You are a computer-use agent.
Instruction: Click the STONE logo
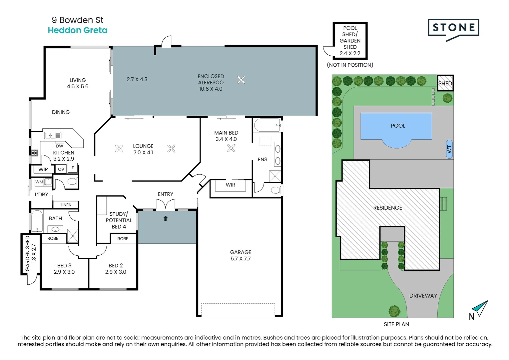[x=453, y=28]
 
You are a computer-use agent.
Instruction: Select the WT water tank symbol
[x=449, y=149]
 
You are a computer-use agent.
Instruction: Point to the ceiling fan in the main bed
[x=231, y=148]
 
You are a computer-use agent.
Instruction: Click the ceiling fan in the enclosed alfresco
[x=241, y=80]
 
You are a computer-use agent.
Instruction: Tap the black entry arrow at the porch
[x=166, y=218]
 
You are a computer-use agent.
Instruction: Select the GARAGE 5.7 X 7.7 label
[x=241, y=255]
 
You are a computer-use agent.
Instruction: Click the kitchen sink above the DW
[x=53, y=136]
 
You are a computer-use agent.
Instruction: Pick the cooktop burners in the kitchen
[x=34, y=153]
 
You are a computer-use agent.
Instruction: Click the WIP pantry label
[x=43, y=169]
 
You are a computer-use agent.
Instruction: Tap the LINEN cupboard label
[x=66, y=205]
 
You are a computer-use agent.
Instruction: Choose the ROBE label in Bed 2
[x=123, y=239]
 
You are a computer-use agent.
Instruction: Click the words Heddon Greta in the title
[x=78, y=30]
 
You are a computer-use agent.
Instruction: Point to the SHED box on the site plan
[x=445, y=83]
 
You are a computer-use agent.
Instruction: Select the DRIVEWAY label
[x=423, y=295]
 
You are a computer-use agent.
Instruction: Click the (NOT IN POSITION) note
[x=350, y=65]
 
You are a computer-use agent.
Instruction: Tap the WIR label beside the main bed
[x=231, y=185]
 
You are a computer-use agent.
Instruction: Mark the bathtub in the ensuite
[x=267, y=125]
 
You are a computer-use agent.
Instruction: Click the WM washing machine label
[x=39, y=182]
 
